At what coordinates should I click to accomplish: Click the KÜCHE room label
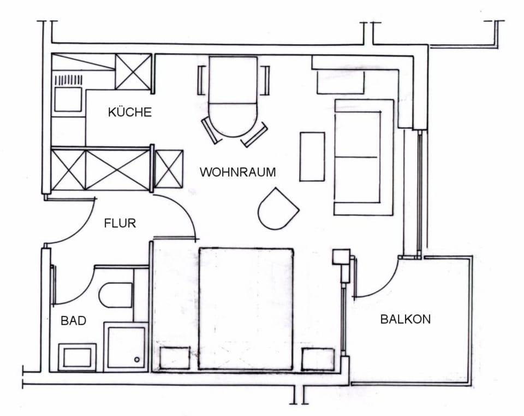point(130,112)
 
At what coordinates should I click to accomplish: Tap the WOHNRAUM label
point(237,172)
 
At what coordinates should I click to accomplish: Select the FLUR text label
point(120,223)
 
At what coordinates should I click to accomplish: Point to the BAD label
point(74,321)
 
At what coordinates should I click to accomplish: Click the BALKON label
point(406,319)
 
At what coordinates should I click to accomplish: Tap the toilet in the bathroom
point(116,295)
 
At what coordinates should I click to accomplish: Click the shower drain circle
point(136,360)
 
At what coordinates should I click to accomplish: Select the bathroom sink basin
point(77,358)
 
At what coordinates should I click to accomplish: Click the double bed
point(246,309)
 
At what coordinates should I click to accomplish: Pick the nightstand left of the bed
point(175,358)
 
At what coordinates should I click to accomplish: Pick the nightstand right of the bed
point(318,360)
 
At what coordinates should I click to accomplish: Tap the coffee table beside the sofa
point(312,157)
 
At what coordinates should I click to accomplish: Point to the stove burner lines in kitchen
point(68,80)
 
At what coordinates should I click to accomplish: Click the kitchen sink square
point(68,99)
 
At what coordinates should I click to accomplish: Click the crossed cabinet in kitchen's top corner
point(133,72)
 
